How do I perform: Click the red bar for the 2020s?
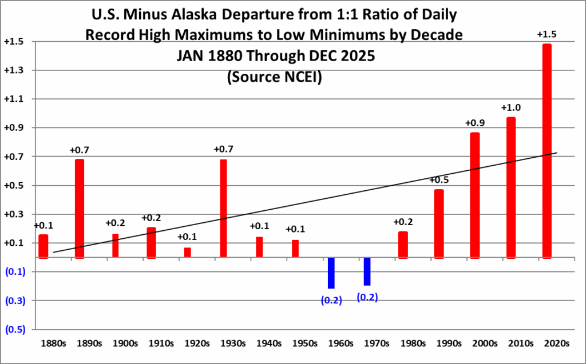(x=547, y=151)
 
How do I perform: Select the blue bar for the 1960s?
(x=331, y=273)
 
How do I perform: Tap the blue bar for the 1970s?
(x=367, y=271)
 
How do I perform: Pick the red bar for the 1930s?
(x=223, y=209)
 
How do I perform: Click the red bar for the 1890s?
(x=80, y=209)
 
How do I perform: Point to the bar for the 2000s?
(x=474, y=195)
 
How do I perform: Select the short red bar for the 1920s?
(x=187, y=253)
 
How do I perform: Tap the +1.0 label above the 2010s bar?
(x=510, y=107)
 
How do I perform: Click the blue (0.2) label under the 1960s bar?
(x=331, y=300)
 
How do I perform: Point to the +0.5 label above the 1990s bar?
(x=438, y=180)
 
